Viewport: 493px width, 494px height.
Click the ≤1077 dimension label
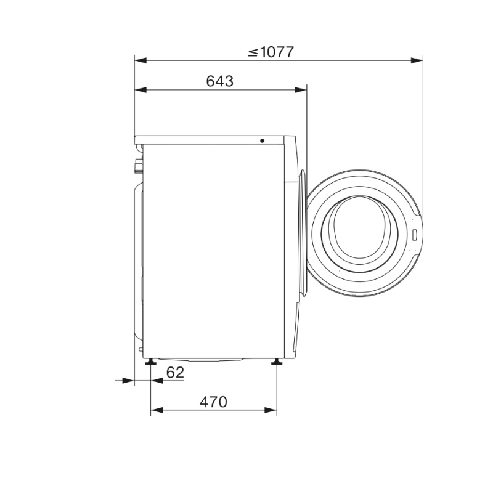(x=271, y=52)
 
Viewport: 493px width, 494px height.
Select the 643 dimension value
(x=220, y=81)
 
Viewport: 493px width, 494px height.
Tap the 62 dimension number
(x=175, y=373)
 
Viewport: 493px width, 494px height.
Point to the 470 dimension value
(x=213, y=402)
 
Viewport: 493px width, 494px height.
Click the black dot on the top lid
(x=262, y=141)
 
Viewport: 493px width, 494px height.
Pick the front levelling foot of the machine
(x=277, y=362)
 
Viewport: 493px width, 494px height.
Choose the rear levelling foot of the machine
(x=150, y=362)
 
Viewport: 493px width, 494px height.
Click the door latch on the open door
(x=415, y=235)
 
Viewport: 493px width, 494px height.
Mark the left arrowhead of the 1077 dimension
(x=141, y=60)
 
